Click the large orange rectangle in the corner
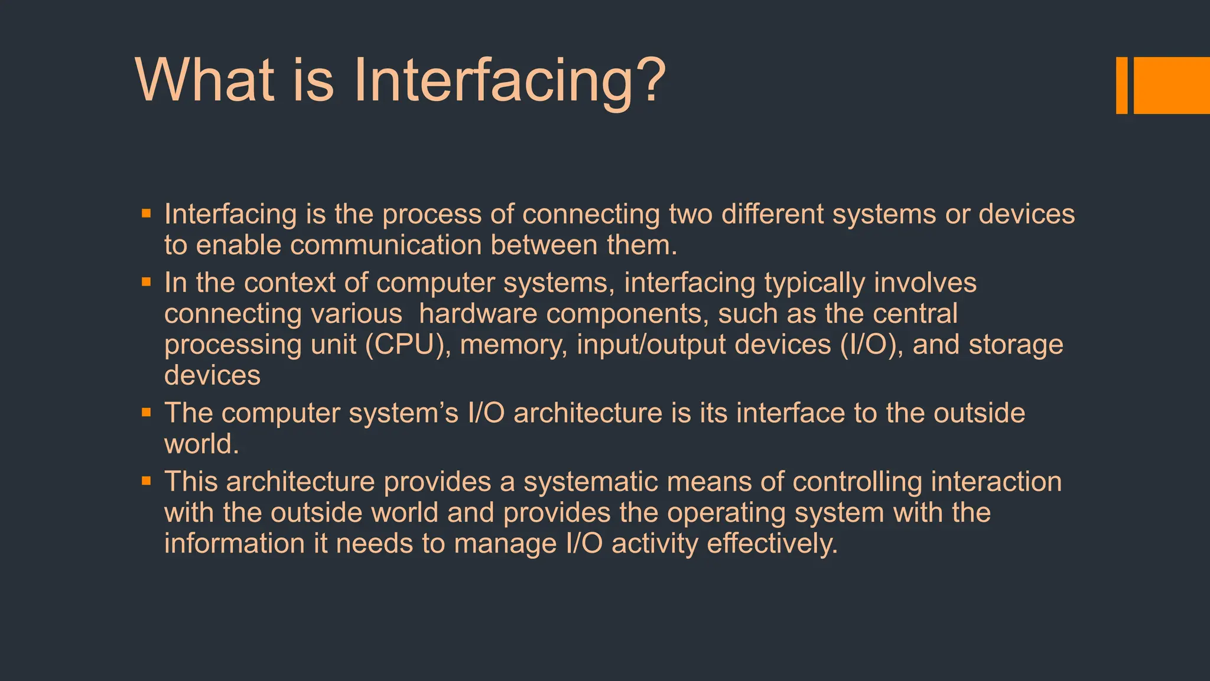click(x=1172, y=85)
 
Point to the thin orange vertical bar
click(x=1121, y=85)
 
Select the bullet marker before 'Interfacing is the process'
click(x=147, y=213)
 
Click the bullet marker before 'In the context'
click(x=147, y=282)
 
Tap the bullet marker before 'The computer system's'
click(x=147, y=412)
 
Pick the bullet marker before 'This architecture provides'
click(x=147, y=481)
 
